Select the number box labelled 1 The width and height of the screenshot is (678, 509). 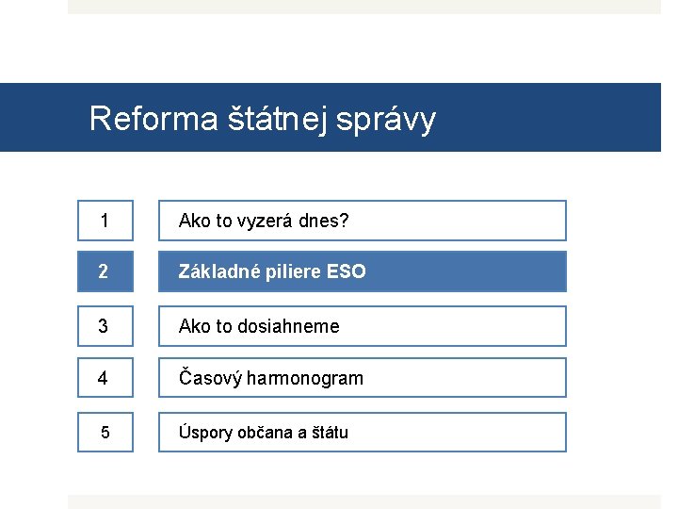[x=105, y=221]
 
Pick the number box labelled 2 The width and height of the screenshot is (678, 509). [x=105, y=271]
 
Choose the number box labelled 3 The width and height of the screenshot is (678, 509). [x=105, y=326]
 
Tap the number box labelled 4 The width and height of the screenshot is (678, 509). [x=105, y=378]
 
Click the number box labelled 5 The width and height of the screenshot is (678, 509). [x=105, y=433]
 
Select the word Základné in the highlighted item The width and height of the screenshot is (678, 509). [x=213, y=271]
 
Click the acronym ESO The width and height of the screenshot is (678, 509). [x=346, y=271]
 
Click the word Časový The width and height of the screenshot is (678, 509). [x=210, y=378]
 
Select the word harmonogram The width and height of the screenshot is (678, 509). [x=305, y=378]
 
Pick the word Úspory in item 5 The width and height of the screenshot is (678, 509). [x=203, y=433]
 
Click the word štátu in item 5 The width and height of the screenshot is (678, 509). [x=329, y=433]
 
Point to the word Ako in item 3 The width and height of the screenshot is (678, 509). [x=195, y=326]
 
